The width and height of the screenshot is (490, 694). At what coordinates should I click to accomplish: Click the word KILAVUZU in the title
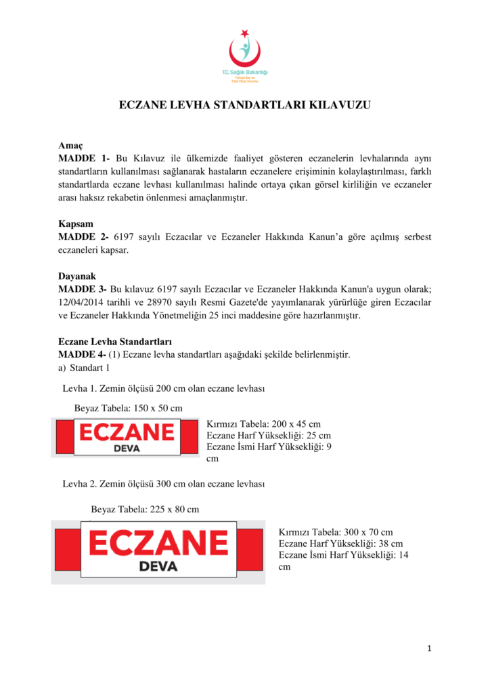pos(340,106)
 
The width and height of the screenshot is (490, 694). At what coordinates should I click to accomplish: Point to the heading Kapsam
pos(76,224)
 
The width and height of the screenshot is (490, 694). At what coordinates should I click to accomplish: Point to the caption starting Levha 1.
pos(163,389)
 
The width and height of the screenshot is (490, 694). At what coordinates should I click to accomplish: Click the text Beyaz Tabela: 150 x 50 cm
pos(129,408)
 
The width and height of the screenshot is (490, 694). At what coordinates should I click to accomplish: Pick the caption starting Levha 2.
pos(163,484)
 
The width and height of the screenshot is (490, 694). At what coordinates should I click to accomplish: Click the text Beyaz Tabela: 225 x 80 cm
pos(145,508)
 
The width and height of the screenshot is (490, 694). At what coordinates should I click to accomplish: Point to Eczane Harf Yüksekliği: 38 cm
pos(340,544)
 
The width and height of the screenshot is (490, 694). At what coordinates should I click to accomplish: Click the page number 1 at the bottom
pos(429,649)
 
